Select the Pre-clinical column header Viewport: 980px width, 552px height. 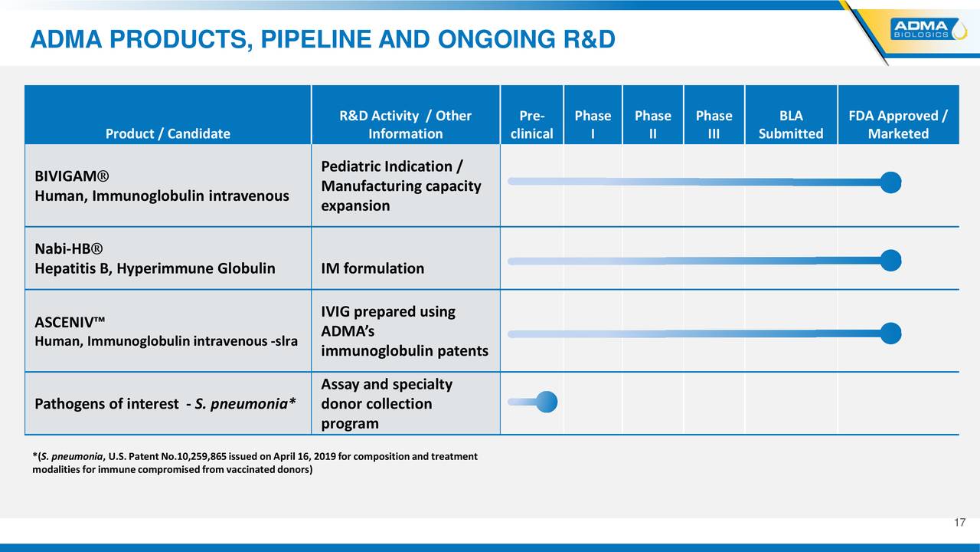531,124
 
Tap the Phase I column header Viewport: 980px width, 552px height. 593,124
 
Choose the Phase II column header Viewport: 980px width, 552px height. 652,124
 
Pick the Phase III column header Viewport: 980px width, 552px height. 714,124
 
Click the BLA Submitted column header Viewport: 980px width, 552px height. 791,124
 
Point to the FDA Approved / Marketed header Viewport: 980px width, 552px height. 898,124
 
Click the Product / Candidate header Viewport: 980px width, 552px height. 168,133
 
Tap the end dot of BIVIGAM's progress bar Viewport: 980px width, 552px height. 890,182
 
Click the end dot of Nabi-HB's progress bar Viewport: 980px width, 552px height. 890,261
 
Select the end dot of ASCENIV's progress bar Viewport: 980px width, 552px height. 890,333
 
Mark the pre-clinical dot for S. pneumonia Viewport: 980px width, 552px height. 546,402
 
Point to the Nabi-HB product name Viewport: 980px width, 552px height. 69,249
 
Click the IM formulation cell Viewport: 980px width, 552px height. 372,268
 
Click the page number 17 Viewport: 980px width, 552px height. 960,523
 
